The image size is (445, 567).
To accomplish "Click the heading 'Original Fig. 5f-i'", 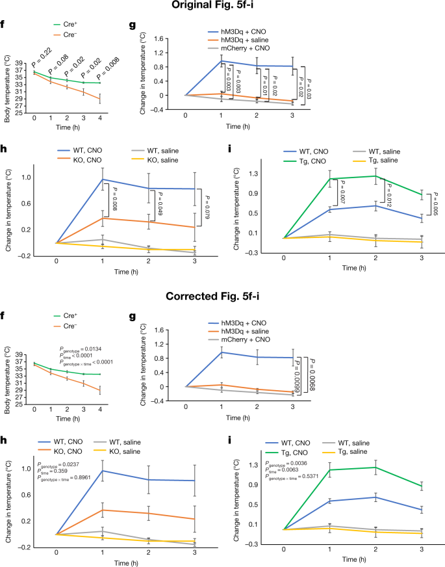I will (222, 6).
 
